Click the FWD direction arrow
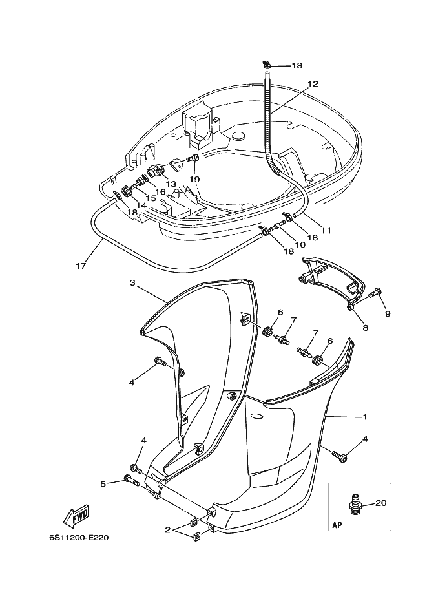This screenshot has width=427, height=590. tap(76, 516)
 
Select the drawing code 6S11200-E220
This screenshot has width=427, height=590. tap(79, 538)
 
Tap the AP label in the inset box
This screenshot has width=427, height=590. tap(337, 525)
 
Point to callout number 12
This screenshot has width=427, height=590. tap(313, 83)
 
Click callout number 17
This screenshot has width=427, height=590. tap(81, 266)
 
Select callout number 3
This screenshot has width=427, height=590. tap(132, 282)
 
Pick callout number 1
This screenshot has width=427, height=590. tap(364, 417)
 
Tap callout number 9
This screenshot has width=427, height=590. tap(388, 313)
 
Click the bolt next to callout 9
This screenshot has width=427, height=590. tap(375, 292)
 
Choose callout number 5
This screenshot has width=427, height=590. tap(103, 483)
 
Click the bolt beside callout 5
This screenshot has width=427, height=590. tap(131, 479)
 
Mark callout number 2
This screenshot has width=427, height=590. tap(167, 530)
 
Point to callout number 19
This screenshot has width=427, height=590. tap(194, 179)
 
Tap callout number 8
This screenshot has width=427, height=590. tap(365, 328)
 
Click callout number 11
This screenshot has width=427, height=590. tap(326, 230)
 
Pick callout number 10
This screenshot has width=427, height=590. tap(300, 244)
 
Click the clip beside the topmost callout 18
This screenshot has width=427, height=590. tap(267, 65)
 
